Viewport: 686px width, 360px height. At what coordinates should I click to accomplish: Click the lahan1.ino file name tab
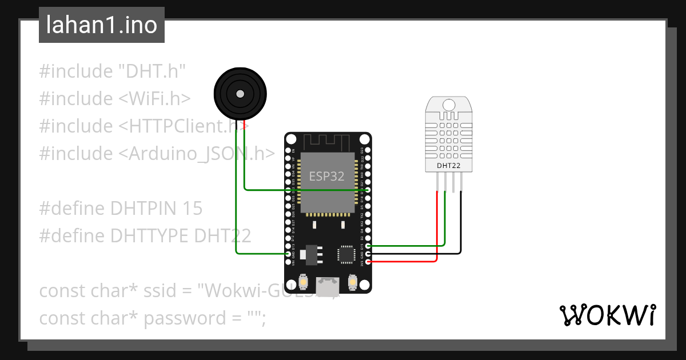(101, 25)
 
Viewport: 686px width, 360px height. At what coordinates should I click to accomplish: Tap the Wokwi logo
(607, 315)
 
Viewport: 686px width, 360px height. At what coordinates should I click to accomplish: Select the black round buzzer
(240, 94)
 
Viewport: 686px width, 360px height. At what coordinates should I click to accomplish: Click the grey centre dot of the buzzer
(240, 94)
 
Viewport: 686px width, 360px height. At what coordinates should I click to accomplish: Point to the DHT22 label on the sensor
(449, 166)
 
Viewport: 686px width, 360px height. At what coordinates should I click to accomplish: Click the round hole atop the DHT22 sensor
(449, 105)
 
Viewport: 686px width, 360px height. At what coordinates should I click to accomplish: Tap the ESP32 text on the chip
(326, 176)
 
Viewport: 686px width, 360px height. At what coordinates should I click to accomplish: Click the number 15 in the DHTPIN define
(192, 209)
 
